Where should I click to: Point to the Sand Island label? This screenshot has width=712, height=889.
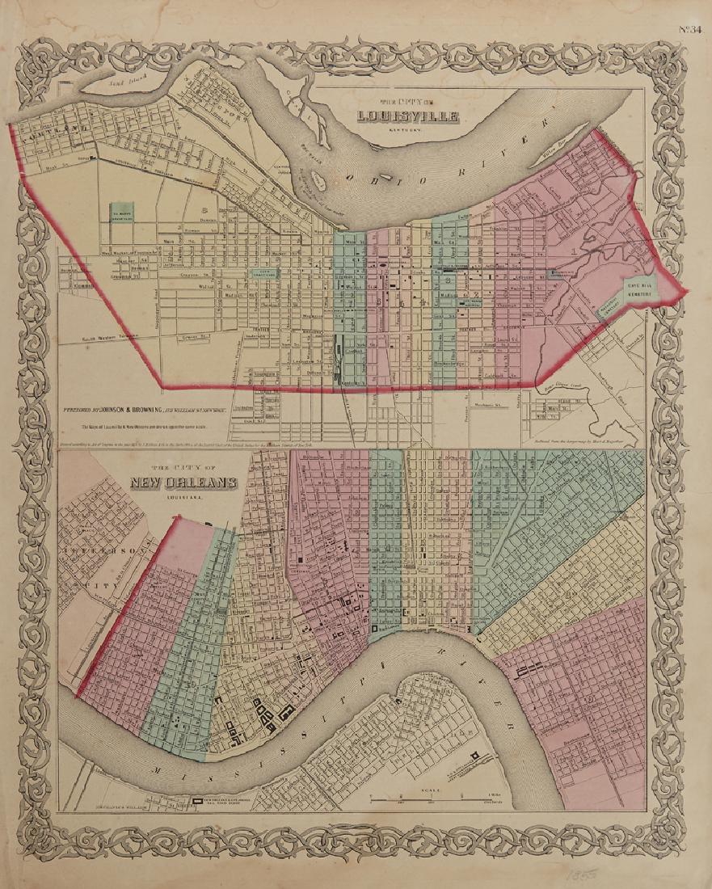pos(107,78)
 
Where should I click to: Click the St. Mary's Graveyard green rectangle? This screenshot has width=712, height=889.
pos(122,213)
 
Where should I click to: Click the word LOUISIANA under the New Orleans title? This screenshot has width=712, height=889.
pos(178,499)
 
